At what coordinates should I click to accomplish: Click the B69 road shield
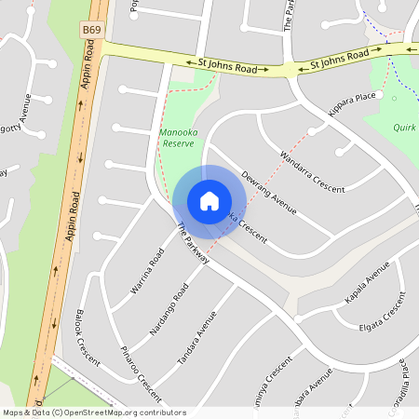[91, 31]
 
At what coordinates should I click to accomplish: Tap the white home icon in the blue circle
[209, 201]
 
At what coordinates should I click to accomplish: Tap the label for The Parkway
[192, 245]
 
